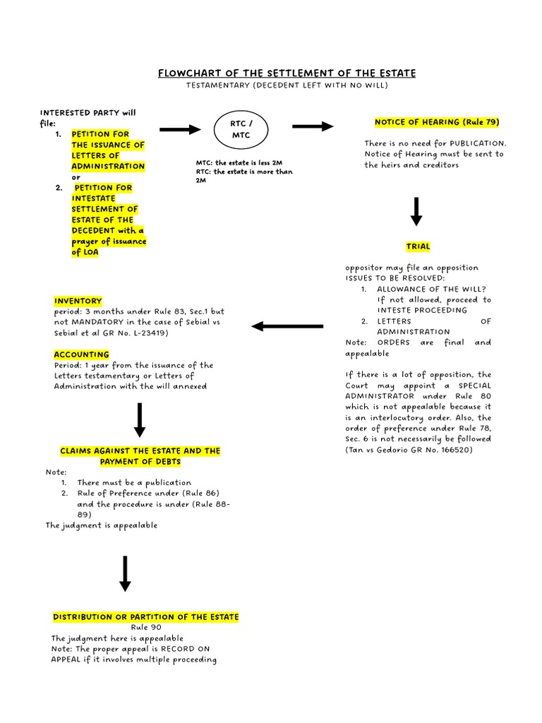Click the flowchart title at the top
pos(287,73)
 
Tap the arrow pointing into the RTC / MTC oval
pos(180,129)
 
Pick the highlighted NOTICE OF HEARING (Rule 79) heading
pos(437,122)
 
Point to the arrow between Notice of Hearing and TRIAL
pos(416,211)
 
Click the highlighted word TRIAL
pos(418,246)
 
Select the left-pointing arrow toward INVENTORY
pos(287,326)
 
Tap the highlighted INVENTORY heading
pos(78,301)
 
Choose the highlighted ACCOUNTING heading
pos(82,354)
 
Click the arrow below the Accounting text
pos(140,419)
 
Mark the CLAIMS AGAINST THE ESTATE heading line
pos(140,450)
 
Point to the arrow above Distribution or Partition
pos(125,573)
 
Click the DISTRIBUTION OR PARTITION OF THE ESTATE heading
pos(146,617)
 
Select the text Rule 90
pos(146,627)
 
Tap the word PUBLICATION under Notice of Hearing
pos(478,143)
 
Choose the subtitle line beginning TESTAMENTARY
pos(287,85)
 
